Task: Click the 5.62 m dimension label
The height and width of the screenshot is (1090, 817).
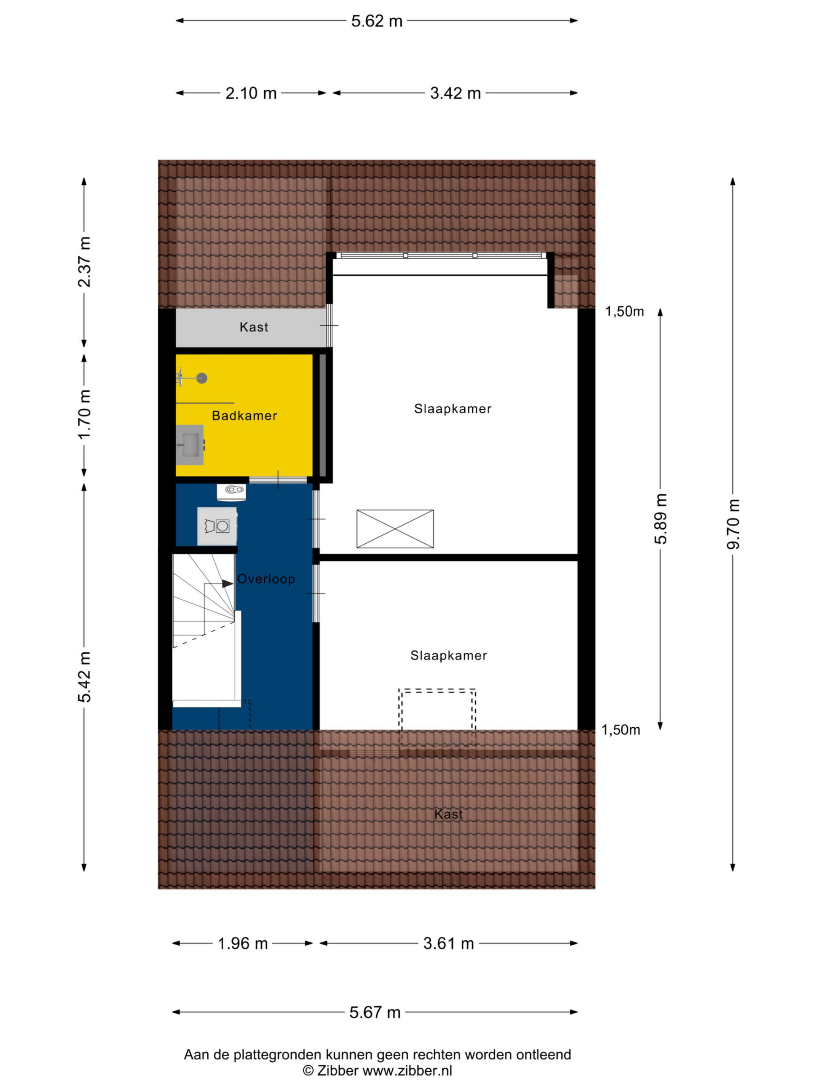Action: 376,21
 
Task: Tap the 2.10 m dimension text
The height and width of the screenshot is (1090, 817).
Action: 251,93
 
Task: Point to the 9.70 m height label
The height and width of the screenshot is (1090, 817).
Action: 733,524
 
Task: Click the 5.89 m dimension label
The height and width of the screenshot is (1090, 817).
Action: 660,519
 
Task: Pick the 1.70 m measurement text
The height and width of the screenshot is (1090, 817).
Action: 84,414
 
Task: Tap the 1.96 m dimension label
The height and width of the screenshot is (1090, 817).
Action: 243,943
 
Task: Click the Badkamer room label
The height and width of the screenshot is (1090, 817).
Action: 244,416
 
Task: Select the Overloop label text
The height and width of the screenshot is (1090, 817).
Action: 266,579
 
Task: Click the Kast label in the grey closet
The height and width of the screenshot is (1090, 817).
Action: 254,327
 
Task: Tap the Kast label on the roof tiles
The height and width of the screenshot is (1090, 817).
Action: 448,814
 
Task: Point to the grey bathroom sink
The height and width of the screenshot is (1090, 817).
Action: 190,445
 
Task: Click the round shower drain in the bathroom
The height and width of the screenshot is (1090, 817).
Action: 201,378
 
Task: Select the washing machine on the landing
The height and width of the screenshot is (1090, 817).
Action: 217,526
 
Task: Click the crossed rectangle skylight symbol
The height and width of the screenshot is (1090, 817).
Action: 395,529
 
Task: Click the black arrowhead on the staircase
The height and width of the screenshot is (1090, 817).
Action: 228,583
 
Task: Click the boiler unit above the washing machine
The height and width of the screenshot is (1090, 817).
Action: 231,492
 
